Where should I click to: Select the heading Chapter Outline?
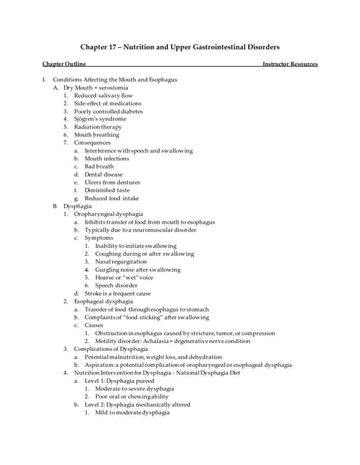point(64,64)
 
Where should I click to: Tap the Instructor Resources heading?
point(290,64)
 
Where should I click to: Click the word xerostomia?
point(113,87)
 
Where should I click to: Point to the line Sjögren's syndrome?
point(100,119)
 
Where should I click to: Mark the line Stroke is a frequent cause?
point(118,294)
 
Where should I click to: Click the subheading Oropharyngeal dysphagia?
point(108,214)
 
